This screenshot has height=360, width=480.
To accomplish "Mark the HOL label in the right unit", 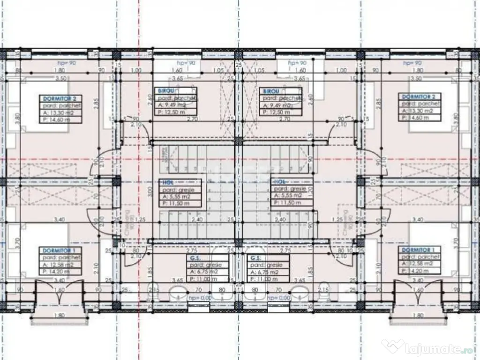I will click(279, 181).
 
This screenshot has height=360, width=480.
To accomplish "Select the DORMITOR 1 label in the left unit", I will click(61, 251).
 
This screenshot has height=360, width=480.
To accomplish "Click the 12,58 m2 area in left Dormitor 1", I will click(60, 264).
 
